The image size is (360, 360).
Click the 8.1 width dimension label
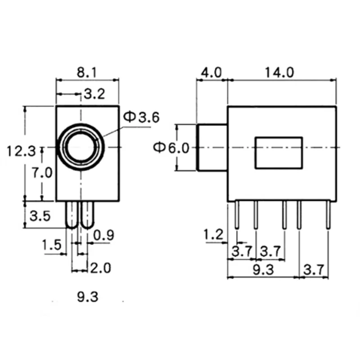[87, 72]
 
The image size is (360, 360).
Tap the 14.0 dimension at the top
[279, 72]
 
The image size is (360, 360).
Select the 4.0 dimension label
[211, 72]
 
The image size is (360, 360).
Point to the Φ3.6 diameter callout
[141, 117]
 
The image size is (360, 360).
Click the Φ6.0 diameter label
[171, 148]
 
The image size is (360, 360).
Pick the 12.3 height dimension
[21, 152]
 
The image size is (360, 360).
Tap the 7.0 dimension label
[42, 173]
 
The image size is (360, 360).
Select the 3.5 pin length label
[40, 216]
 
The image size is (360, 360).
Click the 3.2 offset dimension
[94, 94]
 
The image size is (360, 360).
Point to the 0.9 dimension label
[104, 235]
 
